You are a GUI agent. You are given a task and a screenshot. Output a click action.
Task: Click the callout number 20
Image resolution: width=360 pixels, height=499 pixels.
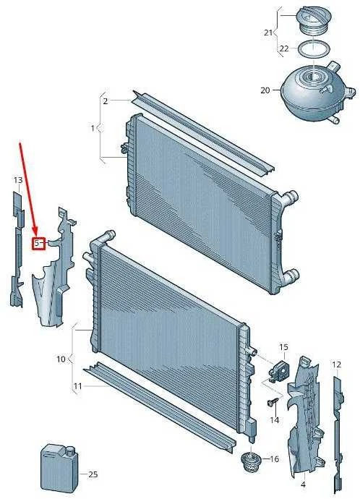click(x=265, y=90)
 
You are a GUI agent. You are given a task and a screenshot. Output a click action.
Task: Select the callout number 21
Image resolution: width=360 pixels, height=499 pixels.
click(x=268, y=33)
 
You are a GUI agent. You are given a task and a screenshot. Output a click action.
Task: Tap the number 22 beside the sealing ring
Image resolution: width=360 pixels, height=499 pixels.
click(x=284, y=48)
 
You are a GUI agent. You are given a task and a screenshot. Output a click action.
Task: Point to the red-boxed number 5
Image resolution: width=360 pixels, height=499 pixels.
click(x=37, y=244)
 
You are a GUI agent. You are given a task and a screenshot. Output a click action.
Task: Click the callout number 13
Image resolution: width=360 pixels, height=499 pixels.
click(x=18, y=181)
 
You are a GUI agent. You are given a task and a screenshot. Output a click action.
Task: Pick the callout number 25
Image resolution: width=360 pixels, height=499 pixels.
click(x=93, y=474)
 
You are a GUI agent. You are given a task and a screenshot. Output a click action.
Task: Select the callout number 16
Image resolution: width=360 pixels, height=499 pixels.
click(x=274, y=459)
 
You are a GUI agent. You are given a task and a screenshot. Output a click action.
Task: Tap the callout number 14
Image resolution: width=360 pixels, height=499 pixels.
click(x=275, y=420)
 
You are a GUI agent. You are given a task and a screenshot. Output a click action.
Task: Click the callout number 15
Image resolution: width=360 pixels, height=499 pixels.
click(x=283, y=347)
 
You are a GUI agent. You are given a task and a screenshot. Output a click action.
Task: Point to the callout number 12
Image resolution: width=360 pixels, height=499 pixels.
click(x=336, y=364)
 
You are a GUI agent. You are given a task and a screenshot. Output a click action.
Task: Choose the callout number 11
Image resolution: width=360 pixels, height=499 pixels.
click(x=78, y=386)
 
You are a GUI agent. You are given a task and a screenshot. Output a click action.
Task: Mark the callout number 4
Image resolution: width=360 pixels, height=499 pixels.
click(x=303, y=485)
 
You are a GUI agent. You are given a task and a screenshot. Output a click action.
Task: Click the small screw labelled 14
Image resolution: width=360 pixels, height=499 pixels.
click(x=273, y=402)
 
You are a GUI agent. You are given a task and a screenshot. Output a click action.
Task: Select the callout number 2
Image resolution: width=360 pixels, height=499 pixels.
click(x=106, y=101)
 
